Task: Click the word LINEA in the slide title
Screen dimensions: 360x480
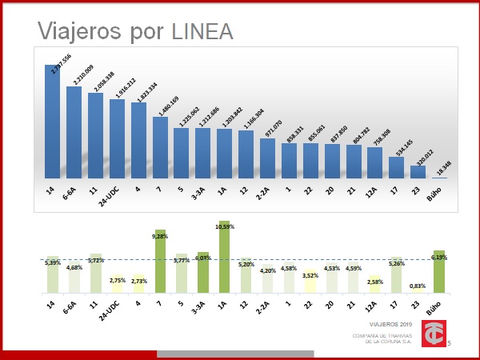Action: tap(202, 31)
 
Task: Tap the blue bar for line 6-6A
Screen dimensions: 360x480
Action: tap(74, 132)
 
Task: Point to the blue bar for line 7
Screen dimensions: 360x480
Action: tap(160, 149)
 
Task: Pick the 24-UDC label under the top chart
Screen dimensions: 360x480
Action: tap(118, 197)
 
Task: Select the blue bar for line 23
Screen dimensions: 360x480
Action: tap(418, 170)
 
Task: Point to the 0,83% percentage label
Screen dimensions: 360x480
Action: tap(417, 286)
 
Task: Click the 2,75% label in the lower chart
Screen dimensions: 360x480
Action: tap(118, 281)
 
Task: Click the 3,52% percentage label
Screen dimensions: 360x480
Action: tap(311, 275)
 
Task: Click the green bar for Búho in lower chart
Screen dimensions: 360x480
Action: tap(438, 271)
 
